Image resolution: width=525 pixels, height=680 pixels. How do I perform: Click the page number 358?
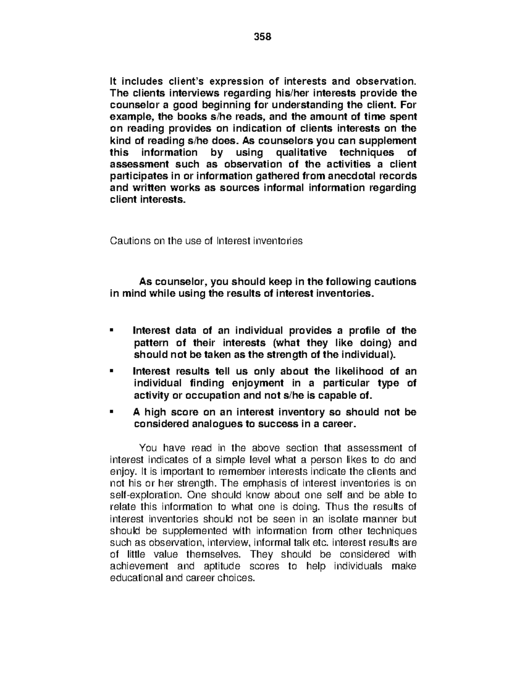point(262,37)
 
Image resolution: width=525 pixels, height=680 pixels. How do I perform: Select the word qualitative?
point(300,152)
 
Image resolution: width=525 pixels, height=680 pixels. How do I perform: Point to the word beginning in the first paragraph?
point(226,105)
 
